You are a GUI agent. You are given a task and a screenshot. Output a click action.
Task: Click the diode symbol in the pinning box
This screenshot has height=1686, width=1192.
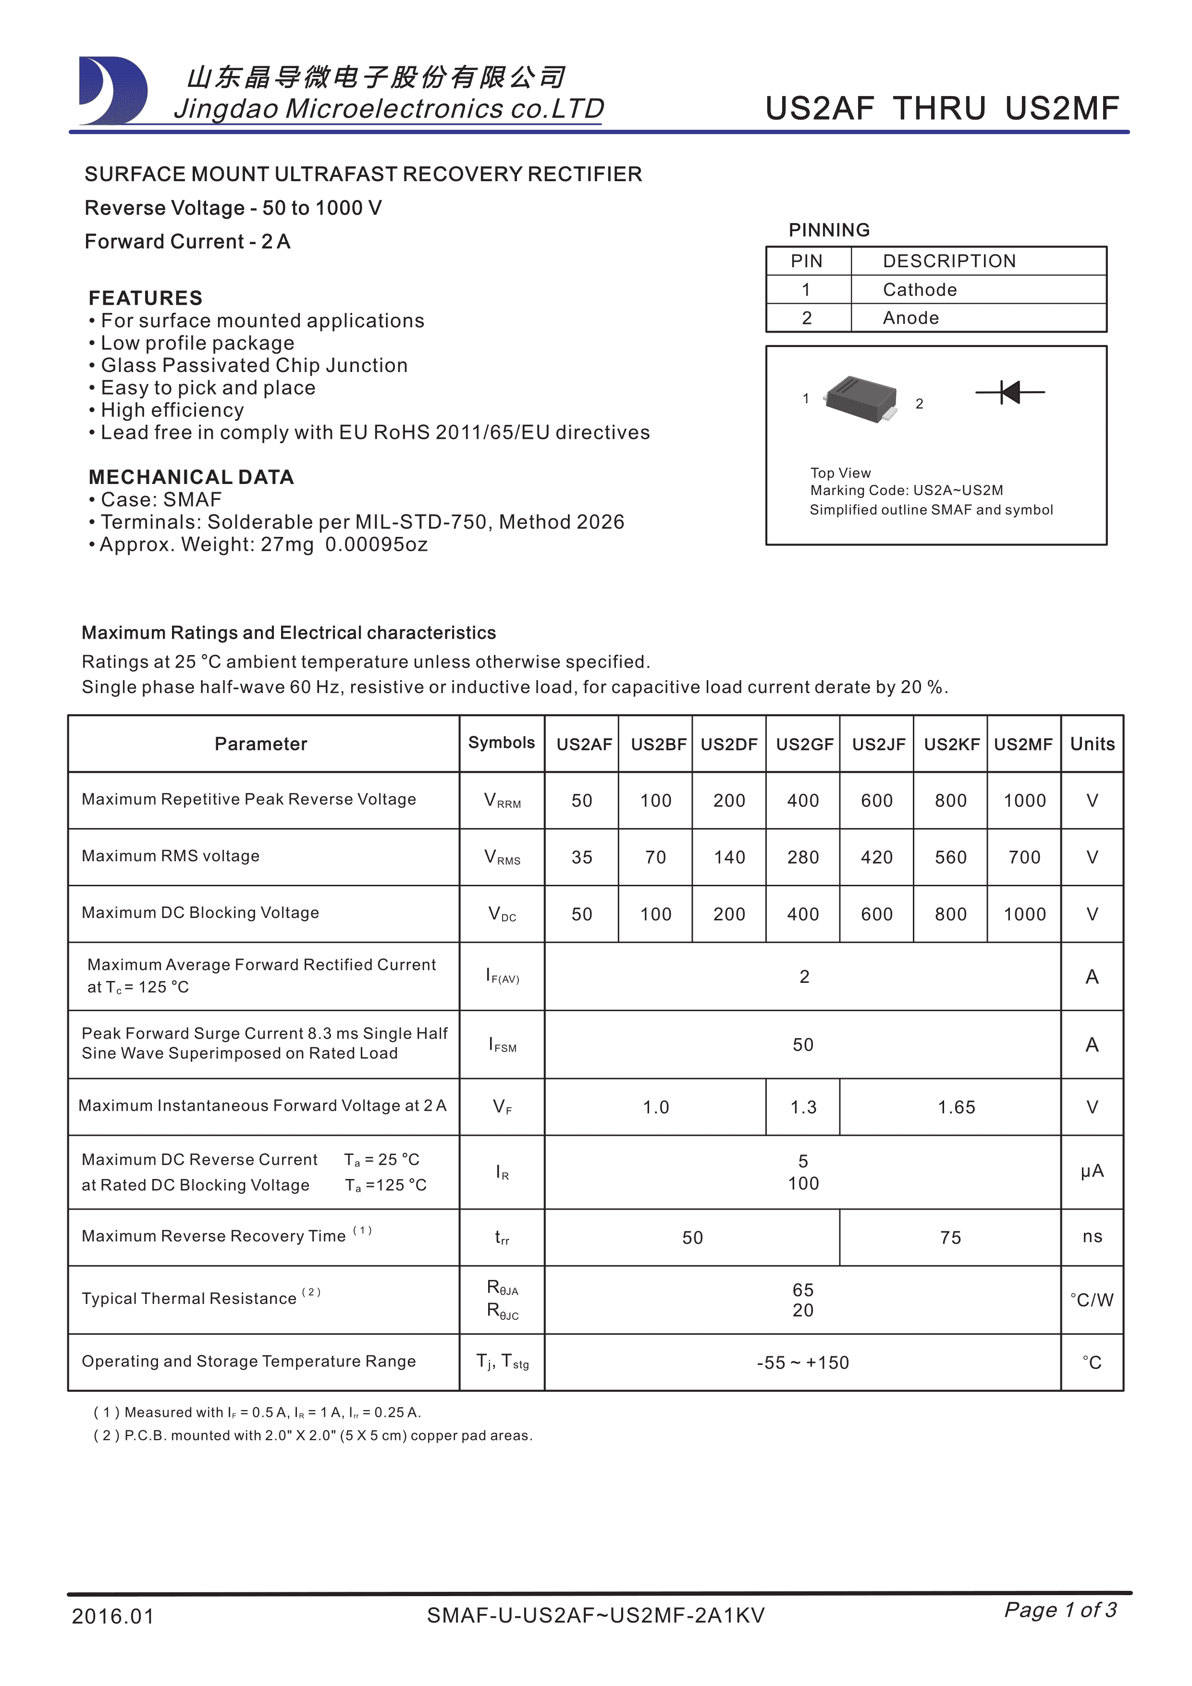(1010, 392)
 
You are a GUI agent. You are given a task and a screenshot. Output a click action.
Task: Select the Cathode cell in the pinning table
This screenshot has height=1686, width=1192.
(920, 290)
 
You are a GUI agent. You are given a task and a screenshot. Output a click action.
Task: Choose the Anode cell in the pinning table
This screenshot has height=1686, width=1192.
(911, 318)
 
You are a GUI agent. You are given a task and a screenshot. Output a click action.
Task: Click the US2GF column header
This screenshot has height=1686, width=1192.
(804, 744)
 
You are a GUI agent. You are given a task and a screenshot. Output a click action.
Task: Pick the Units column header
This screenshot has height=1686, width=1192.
(1092, 744)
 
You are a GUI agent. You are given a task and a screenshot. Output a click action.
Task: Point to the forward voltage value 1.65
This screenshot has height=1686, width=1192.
(957, 1107)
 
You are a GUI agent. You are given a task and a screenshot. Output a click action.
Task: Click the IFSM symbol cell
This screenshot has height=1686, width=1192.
(503, 1045)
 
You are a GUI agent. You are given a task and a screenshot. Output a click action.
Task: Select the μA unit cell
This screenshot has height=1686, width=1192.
(1092, 1171)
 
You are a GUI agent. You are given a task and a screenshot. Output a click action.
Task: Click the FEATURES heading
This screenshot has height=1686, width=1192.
(145, 298)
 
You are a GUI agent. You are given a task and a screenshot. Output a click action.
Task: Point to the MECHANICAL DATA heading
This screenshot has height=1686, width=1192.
(191, 477)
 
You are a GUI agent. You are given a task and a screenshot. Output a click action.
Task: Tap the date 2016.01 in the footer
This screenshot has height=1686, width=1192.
(113, 1616)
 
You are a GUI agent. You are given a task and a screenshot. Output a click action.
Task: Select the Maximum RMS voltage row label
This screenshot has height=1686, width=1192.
(170, 856)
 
